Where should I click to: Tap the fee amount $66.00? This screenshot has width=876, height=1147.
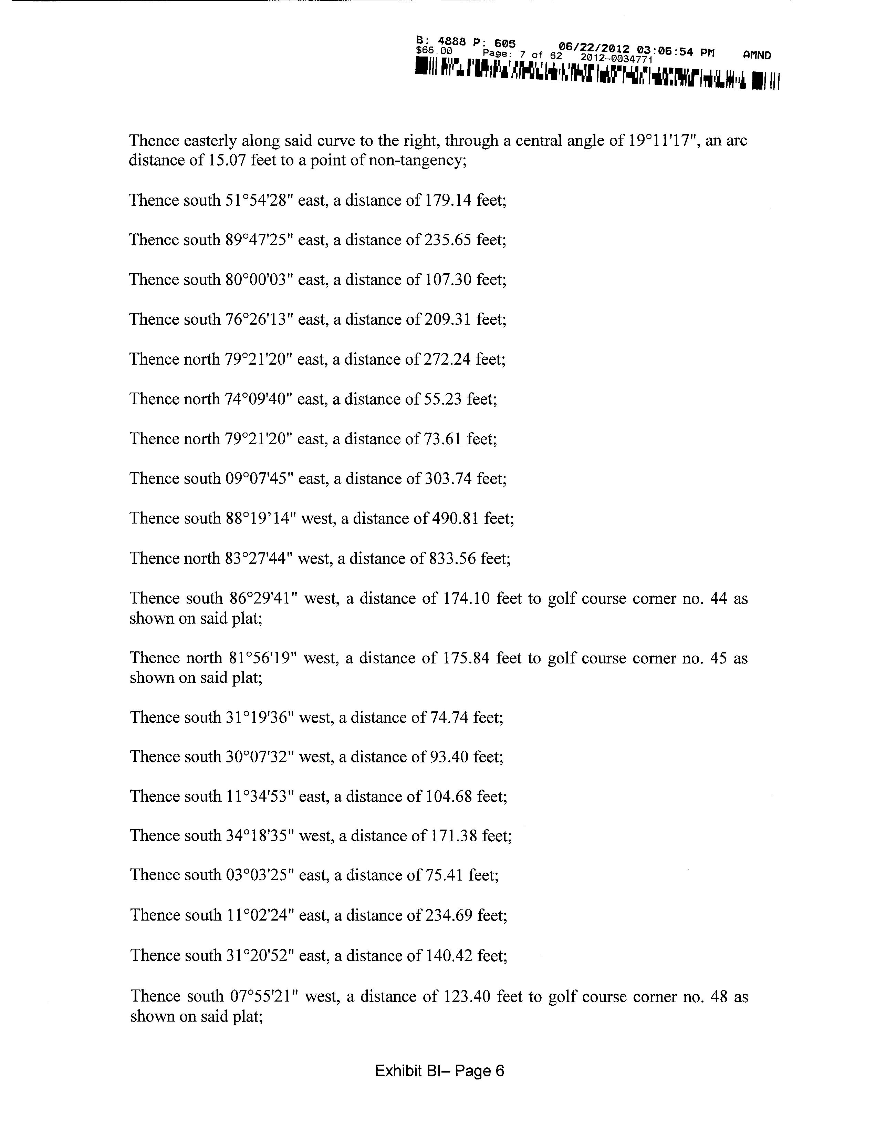(434, 51)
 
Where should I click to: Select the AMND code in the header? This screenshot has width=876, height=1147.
(757, 55)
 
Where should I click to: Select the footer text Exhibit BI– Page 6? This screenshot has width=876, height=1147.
(439, 1071)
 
